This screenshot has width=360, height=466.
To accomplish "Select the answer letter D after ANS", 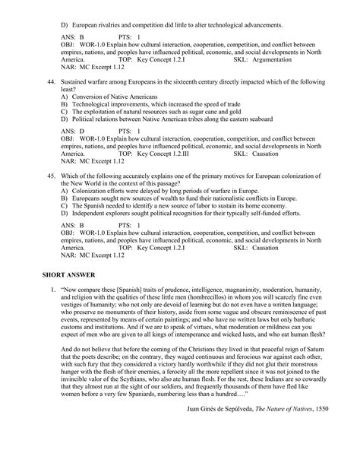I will coord(81,130).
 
